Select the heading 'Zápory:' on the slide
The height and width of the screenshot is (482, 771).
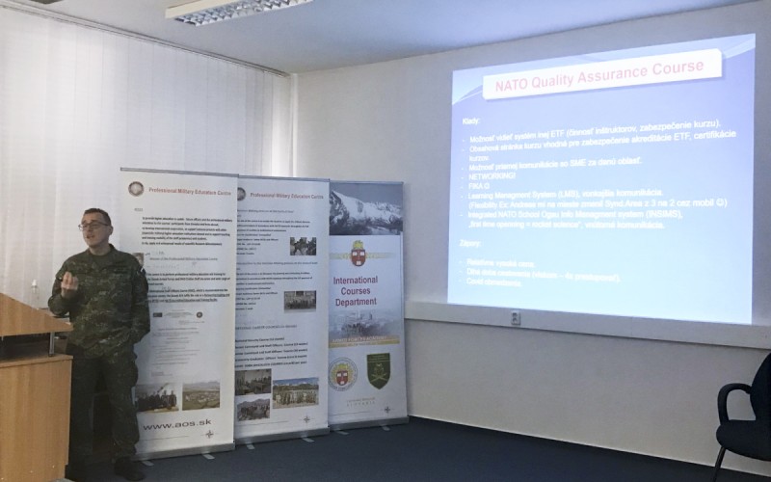click(472, 247)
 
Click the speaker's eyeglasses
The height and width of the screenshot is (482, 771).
click(93, 225)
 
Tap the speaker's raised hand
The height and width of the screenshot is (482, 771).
click(67, 282)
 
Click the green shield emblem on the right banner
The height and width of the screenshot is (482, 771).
click(379, 370)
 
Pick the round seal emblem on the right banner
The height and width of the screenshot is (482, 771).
click(344, 371)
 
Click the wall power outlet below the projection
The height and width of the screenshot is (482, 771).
click(516, 317)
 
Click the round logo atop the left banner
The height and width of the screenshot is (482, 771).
click(137, 188)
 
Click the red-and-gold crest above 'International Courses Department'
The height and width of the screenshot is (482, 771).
click(358, 252)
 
